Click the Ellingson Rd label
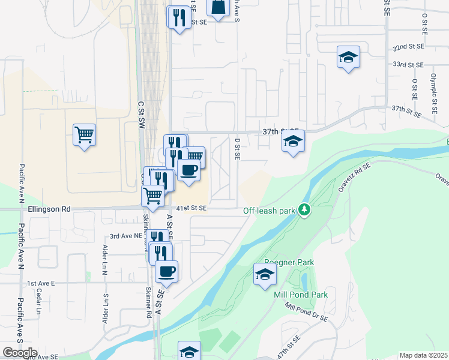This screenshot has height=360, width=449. tap(49, 209)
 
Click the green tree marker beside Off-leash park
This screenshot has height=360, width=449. tap(306, 209)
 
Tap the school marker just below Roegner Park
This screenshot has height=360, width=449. tap(264, 275)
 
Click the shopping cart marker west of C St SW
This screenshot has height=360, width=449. tap(84, 134)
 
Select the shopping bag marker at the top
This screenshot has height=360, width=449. tap(218, 7)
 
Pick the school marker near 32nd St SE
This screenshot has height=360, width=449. tap(348, 57)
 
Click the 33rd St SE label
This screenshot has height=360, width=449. tap(408, 64)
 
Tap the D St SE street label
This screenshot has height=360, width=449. tap(238, 149)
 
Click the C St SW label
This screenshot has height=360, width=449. tap(142, 113)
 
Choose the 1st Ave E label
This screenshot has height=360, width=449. tap(41, 283)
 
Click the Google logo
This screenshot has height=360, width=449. tap(20, 353)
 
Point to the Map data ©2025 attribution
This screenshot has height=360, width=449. tap(423, 355)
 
